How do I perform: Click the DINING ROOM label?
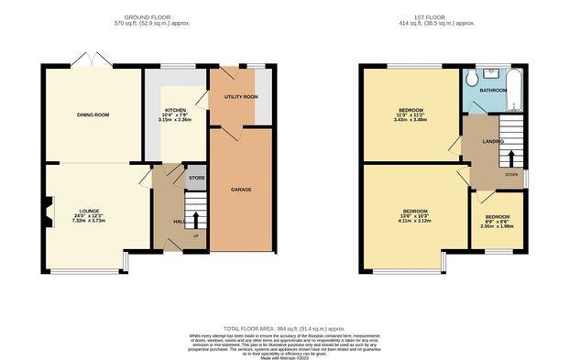93,115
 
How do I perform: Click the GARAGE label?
240,190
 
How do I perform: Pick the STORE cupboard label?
196,177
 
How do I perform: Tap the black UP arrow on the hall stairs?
195,220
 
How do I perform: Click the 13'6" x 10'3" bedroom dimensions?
414,217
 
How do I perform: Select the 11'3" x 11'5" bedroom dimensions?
409,116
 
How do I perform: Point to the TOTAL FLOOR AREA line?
284,327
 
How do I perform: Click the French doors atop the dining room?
89,60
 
